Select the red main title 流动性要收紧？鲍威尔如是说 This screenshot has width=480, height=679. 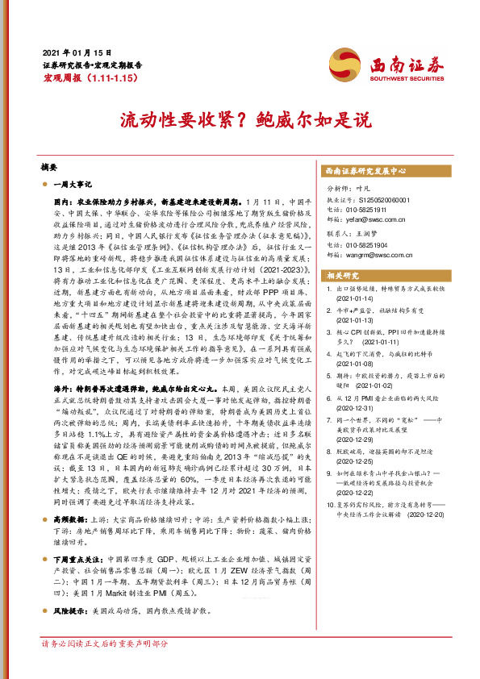pyautogui.click(x=240, y=120)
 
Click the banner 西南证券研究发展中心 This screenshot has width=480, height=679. pyautogui.click(x=365, y=172)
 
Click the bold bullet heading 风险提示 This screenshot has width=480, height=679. pyautogui.click(x=69, y=588)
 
